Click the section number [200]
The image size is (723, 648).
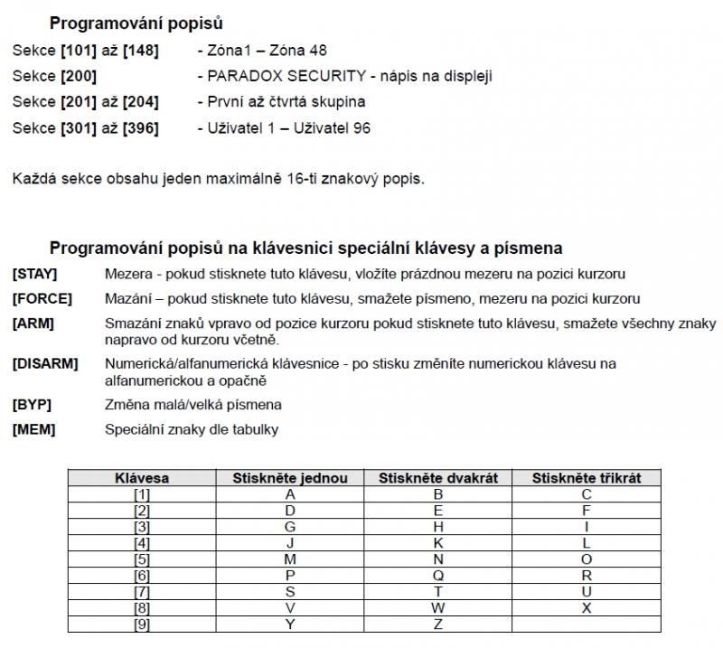[x=79, y=77]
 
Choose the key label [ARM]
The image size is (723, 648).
[x=33, y=323]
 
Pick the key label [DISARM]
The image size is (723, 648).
[x=45, y=363]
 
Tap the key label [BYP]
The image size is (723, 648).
[x=33, y=405]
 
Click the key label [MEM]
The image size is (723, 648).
[x=33, y=429]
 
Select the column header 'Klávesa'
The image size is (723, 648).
[x=142, y=478]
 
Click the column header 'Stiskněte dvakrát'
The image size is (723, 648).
[x=438, y=478]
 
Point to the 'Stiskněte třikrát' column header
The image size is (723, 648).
[x=587, y=478]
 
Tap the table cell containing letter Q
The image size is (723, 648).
[x=438, y=576]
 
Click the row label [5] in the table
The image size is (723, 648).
[x=142, y=559]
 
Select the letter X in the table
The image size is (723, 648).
[x=587, y=608]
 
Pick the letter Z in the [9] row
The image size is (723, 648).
[x=438, y=625]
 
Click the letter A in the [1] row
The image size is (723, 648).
[x=290, y=494]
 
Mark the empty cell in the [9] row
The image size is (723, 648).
[x=587, y=625]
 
